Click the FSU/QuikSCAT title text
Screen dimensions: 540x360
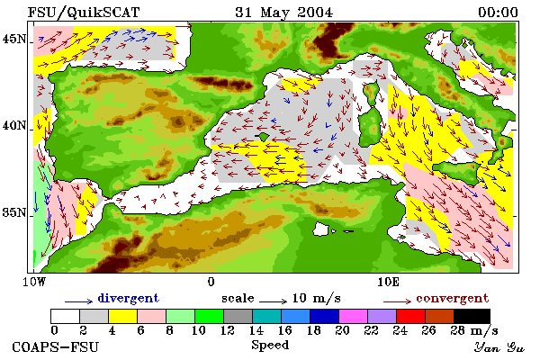click(84, 13)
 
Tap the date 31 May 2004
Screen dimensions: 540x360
click(284, 13)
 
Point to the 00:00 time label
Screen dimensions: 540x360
click(498, 13)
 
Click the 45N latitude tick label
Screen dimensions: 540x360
click(13, 39)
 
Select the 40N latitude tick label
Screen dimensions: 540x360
click(13, 126)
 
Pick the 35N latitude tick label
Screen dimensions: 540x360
click(13, 212)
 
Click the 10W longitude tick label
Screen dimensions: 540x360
click(34, 282)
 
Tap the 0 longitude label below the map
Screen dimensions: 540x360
click(211, 282)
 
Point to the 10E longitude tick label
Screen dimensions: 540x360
click(388, 282)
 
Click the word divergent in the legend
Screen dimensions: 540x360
click(129, 298)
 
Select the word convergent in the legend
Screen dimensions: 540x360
click(452, 298)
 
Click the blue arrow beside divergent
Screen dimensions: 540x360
click(78, 301)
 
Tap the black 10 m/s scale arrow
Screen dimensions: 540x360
click(273, 301)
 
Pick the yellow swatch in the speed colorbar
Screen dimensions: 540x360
click(123, 316)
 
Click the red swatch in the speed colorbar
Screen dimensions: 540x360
click(411, 316)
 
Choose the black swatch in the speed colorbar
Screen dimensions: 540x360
click(472, 316)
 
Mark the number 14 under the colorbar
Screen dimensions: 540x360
click(256, 330)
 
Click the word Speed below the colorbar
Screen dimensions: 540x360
click(270, 346)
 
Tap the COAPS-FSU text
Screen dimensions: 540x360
click(56, 346)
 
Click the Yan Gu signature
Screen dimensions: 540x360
click(499, 347)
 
